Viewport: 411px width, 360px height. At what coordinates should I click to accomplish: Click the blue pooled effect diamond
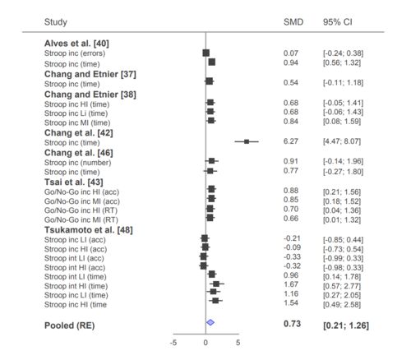click(210, 322)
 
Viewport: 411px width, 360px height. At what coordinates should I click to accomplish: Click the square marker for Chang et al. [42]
click(247, 141)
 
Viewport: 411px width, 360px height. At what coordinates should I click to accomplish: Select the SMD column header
click(293, 22)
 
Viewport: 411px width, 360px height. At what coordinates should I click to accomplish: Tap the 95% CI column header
click(337, 22)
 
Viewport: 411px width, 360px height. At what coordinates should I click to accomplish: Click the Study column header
click(56, 22)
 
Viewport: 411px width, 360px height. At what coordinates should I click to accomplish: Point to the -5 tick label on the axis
click(173, 343)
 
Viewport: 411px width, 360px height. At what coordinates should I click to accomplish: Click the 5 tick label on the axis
click(238, 343)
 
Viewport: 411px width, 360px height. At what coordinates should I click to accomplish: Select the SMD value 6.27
click(291, 141)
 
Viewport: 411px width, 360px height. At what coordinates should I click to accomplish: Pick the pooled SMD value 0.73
click(292, 324)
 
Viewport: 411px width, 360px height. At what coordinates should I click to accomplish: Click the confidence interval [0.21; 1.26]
click(346, 325)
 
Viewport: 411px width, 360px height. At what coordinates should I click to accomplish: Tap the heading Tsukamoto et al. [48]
click(89, 230)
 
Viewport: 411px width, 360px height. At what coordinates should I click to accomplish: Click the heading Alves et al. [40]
click(76, 44)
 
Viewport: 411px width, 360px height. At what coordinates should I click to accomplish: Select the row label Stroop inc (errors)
click(75, 53)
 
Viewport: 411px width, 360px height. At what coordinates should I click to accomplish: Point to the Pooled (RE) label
click(69, 325)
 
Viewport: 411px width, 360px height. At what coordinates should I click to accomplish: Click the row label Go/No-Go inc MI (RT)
click(81, 219)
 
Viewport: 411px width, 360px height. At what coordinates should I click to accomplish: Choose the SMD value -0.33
click(292, 256)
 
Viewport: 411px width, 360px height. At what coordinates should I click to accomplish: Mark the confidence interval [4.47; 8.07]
click(342, 141)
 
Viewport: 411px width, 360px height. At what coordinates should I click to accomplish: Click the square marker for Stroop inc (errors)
click(205, 53)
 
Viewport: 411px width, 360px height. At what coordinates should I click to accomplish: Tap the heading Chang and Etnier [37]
click(90, 74)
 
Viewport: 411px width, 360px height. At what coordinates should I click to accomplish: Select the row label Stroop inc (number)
click(78, 163)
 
